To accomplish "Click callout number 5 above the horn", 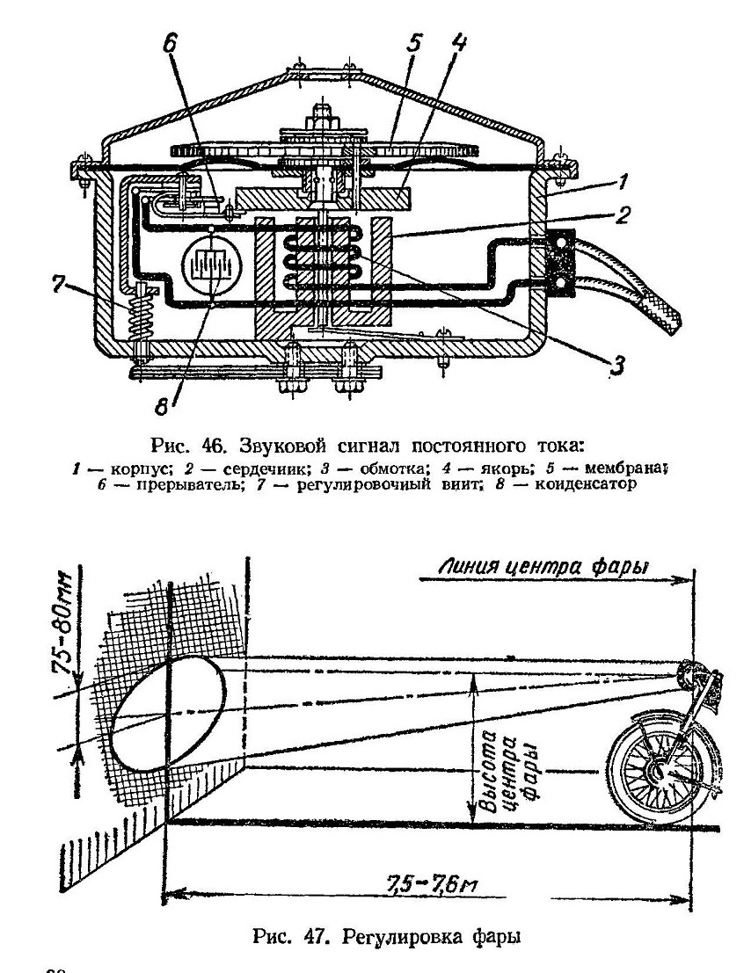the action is click(x=414, y=43).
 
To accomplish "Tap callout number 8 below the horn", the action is click(x=162, y=407).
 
